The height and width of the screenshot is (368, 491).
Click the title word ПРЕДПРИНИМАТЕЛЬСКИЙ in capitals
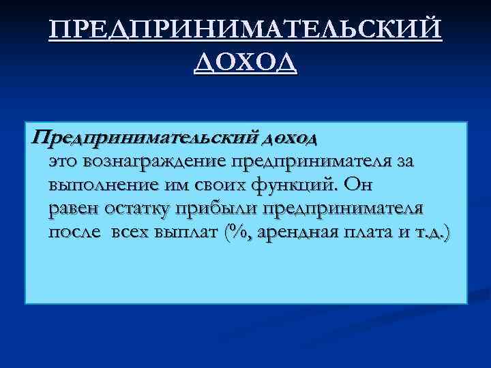245,31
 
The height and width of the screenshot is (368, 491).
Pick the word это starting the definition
63,162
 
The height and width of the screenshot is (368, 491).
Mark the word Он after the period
359,185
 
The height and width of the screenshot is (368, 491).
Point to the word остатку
138,209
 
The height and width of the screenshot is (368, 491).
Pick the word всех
130,232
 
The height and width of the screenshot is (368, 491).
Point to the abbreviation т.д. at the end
432,232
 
